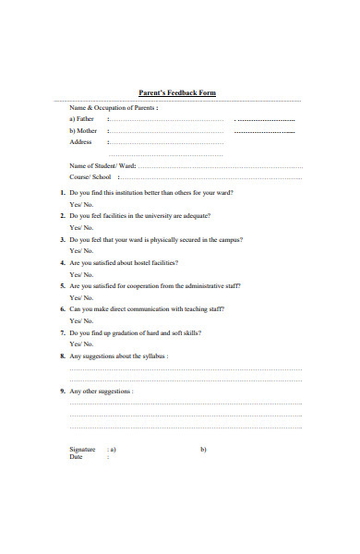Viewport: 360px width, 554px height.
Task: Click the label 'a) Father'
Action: coord(82,119)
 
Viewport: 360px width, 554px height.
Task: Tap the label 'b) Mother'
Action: coord(83,131)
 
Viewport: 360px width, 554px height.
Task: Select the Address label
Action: coord(81,142)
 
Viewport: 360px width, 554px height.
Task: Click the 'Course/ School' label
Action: coord(90,176)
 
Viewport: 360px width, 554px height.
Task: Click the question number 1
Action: coord(62,193)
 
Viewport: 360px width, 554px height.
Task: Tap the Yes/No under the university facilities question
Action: coord(81,227)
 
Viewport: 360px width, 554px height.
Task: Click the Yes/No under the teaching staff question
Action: coord(81,320)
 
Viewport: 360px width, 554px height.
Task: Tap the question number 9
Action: coord(62,391)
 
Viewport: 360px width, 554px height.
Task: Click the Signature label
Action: coord(83,450)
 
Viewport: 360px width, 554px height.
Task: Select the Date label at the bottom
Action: coord(77,457)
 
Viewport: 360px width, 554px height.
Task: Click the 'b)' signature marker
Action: coord(203,450)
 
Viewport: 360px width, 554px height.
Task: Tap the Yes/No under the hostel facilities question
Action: coord(81,274)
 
